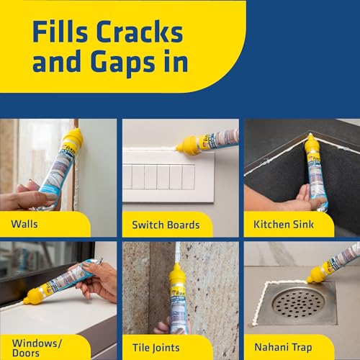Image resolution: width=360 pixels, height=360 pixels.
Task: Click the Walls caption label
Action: pos(25,224)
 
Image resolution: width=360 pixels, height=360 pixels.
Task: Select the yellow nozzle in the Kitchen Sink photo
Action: pos(312,144)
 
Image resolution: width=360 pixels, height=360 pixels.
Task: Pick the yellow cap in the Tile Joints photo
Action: pos(177,278)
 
